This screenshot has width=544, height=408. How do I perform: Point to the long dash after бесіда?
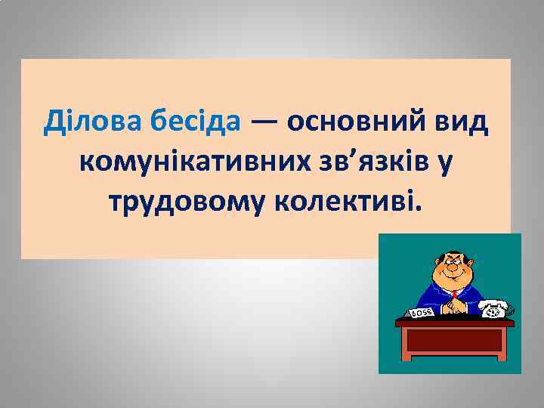[x=264, y=121]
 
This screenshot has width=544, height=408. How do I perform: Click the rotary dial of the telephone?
[x=494, y=311]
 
